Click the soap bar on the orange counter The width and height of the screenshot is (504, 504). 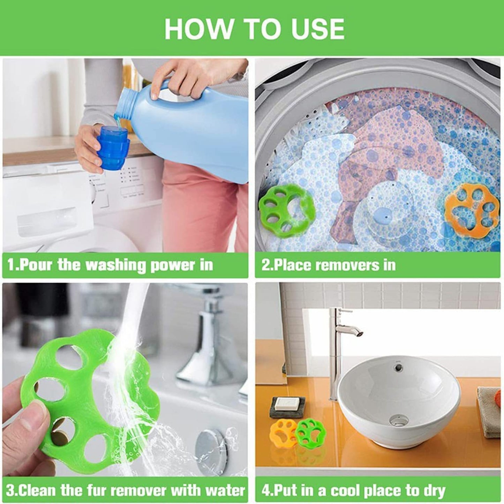point(285,404)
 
